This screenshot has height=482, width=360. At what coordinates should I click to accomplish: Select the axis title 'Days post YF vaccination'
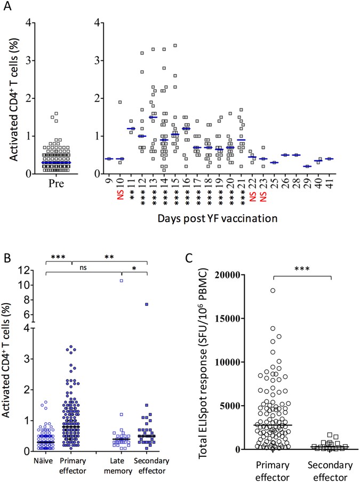pyautogui.click(x=218, y=218)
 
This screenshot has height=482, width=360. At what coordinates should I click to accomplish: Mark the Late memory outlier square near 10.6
pyautogui.click(x=122, y=280)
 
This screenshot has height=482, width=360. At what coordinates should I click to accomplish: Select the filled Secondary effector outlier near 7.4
pyautogui.click(x=146, y=304)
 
